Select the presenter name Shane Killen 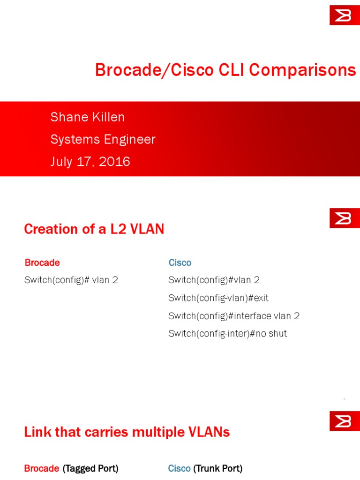88,117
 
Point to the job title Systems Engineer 103,139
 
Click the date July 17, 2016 90,162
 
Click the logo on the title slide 345,15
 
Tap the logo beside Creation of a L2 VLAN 345,218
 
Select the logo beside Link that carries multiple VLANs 345,421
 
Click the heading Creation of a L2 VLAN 94,229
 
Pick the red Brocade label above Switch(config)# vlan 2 42,262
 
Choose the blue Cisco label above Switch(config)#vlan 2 180,262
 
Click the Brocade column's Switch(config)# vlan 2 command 71,280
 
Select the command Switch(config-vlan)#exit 218,298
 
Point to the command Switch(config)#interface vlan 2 234,316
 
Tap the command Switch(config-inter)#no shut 227,334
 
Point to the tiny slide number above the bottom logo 344,399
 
